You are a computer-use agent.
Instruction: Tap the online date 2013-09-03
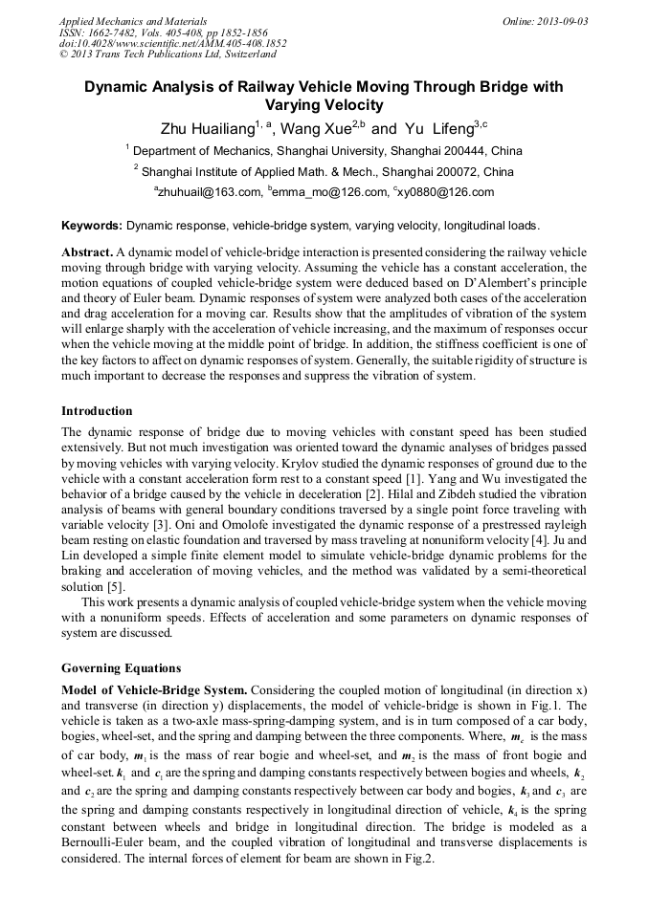click(559, 20)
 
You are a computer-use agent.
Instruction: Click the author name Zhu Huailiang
click(207, 128)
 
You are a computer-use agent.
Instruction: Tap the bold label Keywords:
click(92, 227)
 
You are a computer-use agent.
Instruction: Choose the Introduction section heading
click(97, 410)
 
